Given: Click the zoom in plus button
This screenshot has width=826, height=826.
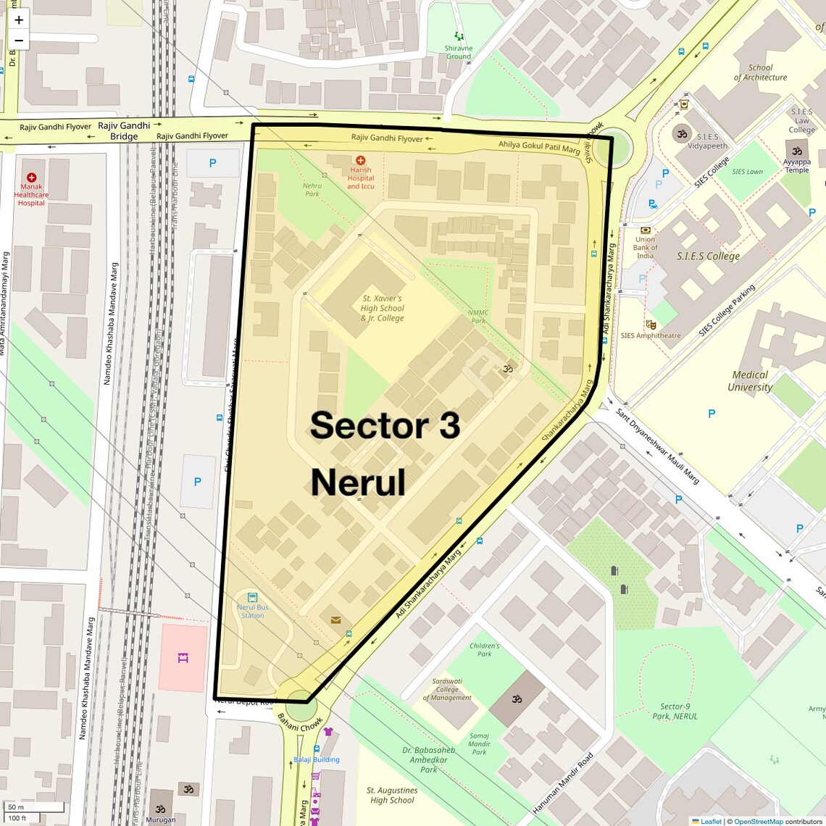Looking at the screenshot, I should click(x=19, y=20).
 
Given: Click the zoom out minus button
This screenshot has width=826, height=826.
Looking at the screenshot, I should click(x=19, y=41).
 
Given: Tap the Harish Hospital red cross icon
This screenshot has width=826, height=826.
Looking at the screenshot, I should click(x=360, y=160).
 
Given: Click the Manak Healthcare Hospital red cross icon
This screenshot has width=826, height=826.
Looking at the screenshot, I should click(x=31, y=178).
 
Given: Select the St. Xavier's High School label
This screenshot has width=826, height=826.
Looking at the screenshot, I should click(x=382, y=308).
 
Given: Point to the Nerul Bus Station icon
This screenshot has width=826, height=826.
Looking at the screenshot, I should click(x=252, y=597).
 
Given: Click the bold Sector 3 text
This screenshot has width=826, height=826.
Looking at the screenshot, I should click(x=385, y=425).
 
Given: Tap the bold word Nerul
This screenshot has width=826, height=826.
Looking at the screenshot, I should click(x=358, y=483).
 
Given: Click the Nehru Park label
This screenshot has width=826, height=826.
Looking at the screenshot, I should click(x=312, y=190).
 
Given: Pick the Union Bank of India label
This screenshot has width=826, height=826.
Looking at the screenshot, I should click(x=645, y=247).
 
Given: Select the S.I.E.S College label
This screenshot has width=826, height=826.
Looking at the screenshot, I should click(x=708, y=256).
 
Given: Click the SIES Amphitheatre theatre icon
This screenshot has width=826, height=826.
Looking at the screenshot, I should click(x=651, y=325).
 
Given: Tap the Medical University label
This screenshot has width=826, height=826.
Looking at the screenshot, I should click(x=750, y=380).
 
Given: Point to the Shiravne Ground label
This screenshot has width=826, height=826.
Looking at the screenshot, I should click(x=459, y=52).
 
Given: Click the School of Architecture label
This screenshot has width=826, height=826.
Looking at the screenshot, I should click(x=760, y=72).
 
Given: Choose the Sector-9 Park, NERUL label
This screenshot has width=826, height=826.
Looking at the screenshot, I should click(x=675, y=712).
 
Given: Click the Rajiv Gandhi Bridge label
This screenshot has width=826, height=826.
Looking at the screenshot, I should click(x=124, y=131).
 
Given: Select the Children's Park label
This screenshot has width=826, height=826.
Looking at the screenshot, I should click(x=484, y=649).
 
